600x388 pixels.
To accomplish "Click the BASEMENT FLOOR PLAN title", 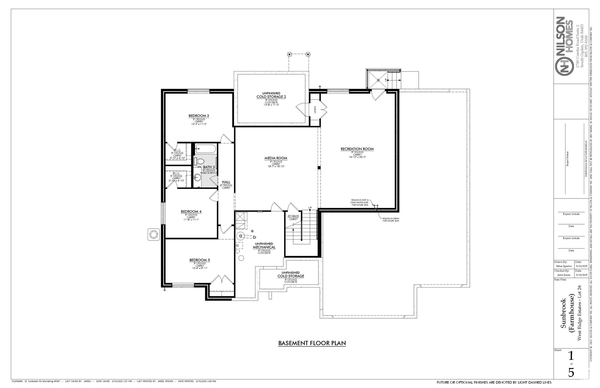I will [x=312, y=343].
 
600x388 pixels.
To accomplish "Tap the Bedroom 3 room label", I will [x=199, y=116].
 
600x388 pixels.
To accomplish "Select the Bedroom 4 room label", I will [x=191, y=211].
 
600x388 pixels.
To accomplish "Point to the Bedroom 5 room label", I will [x=200, y=260].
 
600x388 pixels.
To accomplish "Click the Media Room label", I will [x=276, y=158].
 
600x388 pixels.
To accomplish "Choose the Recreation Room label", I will [x=357, y=149].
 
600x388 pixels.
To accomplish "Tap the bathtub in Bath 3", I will [x=206, y=149].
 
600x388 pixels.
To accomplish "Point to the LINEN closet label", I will [x=315, y=110].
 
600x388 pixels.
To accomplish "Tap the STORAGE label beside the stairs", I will [x=293, y=216].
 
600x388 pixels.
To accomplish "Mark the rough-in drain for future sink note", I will [x=391, y=220].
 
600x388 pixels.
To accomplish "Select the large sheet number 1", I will [x=571, y=356].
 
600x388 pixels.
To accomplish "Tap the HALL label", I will [x=226, y=182].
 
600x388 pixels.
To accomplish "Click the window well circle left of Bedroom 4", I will [x=154, y=235].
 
